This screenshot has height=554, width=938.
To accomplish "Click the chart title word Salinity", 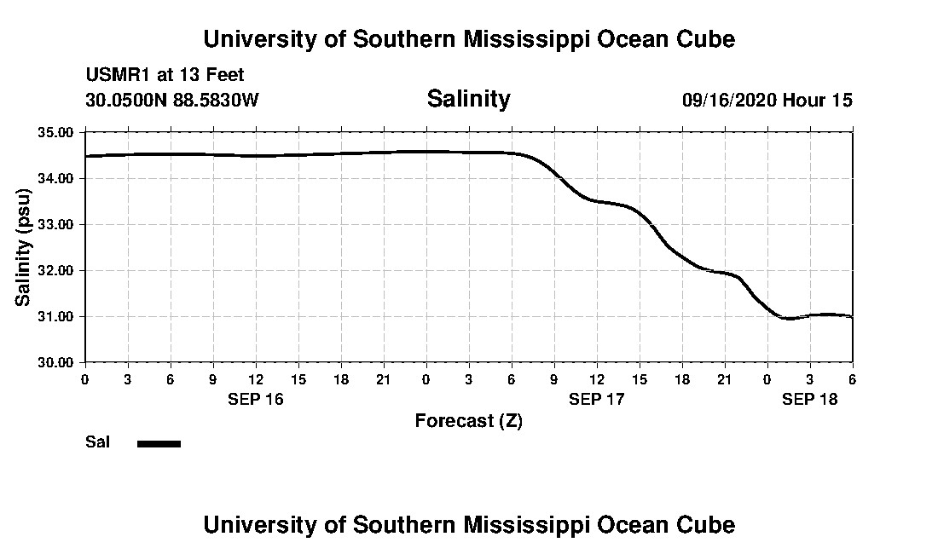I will click(x=468, y=99).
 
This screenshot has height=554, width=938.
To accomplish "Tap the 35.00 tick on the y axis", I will click(x=57, y=133).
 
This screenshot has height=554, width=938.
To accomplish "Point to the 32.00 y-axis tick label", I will click(x=57, y=271).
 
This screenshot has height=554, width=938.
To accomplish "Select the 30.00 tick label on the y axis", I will click(x=57, y=363).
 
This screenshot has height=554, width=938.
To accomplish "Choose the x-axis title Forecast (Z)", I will click(x=468, y=421).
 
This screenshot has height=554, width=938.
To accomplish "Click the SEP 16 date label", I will click(x=255, y=399).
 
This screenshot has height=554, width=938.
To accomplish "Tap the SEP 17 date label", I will click(x=596, y=399).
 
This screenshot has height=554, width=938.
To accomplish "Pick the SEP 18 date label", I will click(x=809, y=399).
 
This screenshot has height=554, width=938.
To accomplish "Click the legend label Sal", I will click(x=96, y=442).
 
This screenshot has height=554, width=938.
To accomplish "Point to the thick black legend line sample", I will click(x=159, y=443).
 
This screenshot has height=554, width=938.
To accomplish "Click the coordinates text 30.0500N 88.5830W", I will click(x=171, y=101).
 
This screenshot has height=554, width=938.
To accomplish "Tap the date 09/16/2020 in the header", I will click(x=729, y=101).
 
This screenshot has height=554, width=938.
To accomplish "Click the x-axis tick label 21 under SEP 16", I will click(x=383, y=379).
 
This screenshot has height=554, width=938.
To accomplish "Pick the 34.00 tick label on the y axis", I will click(x=57, y=179).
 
